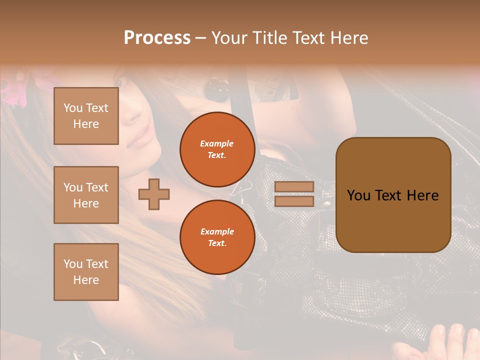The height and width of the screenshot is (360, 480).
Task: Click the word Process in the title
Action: point(157,38)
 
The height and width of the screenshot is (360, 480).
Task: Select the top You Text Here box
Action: point(86,116)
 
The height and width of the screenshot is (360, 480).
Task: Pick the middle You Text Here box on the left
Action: point(86,195)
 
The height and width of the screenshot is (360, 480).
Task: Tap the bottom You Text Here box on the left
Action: point(86,271)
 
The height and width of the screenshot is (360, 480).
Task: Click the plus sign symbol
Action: point(154,194)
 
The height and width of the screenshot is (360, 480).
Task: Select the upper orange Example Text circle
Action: point(217,149)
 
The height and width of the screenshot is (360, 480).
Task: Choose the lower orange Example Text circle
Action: point(217,237)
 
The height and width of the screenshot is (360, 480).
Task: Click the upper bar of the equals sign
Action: point(294,187)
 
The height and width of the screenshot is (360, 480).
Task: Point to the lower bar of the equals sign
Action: point(294,201)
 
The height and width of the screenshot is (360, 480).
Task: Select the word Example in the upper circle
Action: point(217,143)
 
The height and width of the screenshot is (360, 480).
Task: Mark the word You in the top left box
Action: point(73,108)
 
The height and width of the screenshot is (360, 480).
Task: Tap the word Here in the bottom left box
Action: point(86,280)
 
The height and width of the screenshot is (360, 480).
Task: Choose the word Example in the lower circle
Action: point(217,231)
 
